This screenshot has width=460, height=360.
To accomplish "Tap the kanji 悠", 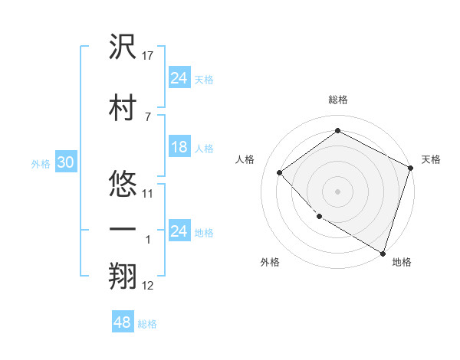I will point(123,185).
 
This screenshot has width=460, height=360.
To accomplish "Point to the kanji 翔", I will point(123,277).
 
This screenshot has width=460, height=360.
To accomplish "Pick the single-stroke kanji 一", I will point(123,230).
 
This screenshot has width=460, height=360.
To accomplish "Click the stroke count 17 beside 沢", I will point(149,56).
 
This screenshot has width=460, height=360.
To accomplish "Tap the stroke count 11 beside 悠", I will point(148,193).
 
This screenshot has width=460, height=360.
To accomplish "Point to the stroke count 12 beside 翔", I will point(148,286).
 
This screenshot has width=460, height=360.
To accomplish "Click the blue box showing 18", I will point(179,147).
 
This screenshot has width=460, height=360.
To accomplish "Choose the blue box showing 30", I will point(65,162).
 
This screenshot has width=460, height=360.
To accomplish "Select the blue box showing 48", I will point(123,322).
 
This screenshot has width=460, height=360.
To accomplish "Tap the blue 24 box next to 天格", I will point(179,77).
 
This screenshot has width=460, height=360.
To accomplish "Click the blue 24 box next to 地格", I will point(179,231).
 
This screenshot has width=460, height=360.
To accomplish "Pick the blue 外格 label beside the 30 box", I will point(40,163).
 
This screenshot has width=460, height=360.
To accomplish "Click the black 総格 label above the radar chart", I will point(337,100).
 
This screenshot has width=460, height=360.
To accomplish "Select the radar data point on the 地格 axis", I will point(382,252).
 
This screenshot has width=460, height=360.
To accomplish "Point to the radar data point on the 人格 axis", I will point(280,172).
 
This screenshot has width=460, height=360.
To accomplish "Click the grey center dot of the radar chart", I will point(337,191).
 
